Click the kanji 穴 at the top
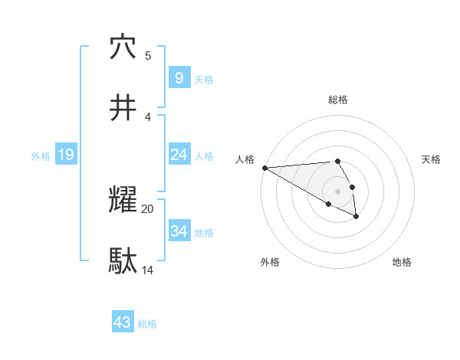123,47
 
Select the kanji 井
123,108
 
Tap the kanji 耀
123,200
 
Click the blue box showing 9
179,77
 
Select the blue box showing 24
179,155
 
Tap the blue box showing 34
179,231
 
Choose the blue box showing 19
65,155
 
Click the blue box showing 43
123,322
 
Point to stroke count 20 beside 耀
148,208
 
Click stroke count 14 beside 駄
148,270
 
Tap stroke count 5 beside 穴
148,55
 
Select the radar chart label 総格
338,100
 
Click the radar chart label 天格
432,159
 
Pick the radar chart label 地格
402,262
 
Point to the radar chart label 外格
270,262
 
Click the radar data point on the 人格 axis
264,168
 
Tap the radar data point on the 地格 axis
356,217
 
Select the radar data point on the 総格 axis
337,161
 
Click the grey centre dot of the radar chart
337,191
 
